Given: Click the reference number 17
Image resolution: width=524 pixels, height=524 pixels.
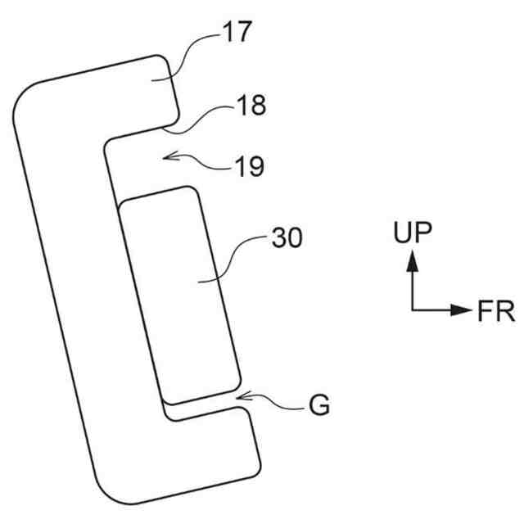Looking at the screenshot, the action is [x=237, y=32].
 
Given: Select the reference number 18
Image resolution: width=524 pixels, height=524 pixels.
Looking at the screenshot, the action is [x=252, y=105].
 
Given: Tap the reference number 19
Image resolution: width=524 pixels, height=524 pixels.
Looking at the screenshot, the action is [x=250, y=166].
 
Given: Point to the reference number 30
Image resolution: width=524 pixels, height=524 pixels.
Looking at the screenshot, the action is [x=287, y=237].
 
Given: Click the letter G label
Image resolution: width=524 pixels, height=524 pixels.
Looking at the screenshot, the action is [x=319, y=404].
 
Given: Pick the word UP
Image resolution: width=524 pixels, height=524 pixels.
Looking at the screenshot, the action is [x=413, y=232].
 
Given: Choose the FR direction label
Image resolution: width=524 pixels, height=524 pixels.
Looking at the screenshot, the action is [x=496, y=311].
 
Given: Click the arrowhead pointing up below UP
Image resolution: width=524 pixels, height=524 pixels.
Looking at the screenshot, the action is [x=413, y=261].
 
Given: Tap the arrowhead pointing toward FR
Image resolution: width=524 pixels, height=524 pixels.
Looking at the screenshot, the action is [x=460, y=310].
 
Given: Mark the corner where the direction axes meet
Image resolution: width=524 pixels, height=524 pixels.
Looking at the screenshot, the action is [x=413, y=310].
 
